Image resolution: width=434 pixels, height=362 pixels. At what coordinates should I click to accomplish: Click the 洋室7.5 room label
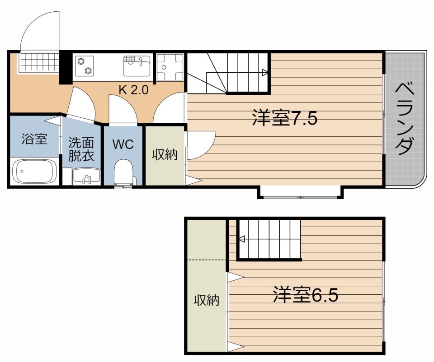(285, 118)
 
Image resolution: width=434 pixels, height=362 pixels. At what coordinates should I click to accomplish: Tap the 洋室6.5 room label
(306, 295)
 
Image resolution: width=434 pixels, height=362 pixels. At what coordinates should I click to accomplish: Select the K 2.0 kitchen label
(134, 90)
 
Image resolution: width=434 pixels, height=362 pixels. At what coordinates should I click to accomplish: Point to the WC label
(123, 144)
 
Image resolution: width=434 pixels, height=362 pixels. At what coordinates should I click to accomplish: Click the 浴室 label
(34, 139)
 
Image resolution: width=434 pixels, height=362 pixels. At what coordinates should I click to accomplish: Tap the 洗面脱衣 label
(81, 149)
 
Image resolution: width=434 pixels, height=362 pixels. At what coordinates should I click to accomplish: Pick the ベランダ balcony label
(405, 119)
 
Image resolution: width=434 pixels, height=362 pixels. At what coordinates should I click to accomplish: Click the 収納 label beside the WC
(165, 154)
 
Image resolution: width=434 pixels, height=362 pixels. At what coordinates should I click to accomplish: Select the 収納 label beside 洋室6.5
(207, 300)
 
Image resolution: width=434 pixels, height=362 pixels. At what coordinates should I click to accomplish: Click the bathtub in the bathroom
(35, 172)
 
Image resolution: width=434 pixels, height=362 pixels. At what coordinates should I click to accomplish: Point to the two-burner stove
(85, 66)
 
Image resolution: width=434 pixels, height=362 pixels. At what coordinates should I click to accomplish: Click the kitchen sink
(137, 66)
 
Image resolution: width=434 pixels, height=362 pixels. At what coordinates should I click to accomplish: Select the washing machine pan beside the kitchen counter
(170, 67)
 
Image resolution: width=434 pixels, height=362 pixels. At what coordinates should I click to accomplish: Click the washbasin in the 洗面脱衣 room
(86, 176)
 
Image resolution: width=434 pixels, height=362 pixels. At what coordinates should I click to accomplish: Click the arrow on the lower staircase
(241, 239)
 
